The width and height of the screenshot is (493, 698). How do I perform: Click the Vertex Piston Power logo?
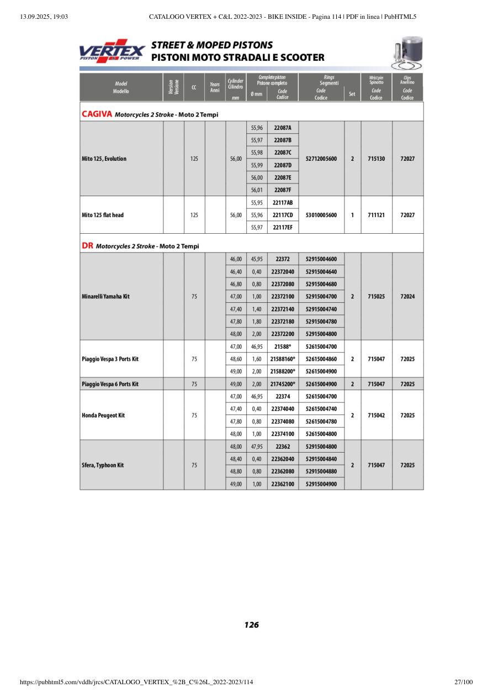point(112,51)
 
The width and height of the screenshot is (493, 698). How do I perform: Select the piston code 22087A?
point(283,128)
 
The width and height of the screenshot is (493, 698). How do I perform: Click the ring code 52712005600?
point(321,159)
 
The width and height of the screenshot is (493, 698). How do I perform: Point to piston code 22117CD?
point(283,215)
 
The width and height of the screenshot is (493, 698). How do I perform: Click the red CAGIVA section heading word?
point(97,114)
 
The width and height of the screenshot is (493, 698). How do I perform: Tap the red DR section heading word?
point(87,246)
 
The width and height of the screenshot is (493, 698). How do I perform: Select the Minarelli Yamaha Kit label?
point(105,297)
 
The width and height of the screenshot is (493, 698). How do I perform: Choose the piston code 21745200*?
point(283,384)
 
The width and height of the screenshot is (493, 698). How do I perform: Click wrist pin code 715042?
point(376,415)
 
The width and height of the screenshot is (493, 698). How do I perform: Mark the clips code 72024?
point(407,297)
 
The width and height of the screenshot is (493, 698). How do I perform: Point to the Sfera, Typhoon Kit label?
point(103,465)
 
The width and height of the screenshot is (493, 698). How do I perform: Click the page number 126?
point(251,625)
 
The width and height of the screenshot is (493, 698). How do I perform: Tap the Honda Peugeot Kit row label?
point(103,415)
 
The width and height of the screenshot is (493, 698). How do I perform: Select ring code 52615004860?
point(321,359)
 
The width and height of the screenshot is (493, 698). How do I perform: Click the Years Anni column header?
point(215,87)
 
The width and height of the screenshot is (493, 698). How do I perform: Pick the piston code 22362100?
point(283,484)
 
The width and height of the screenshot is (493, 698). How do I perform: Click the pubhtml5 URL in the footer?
point(136,683)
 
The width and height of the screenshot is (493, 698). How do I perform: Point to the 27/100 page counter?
point(463,683)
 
